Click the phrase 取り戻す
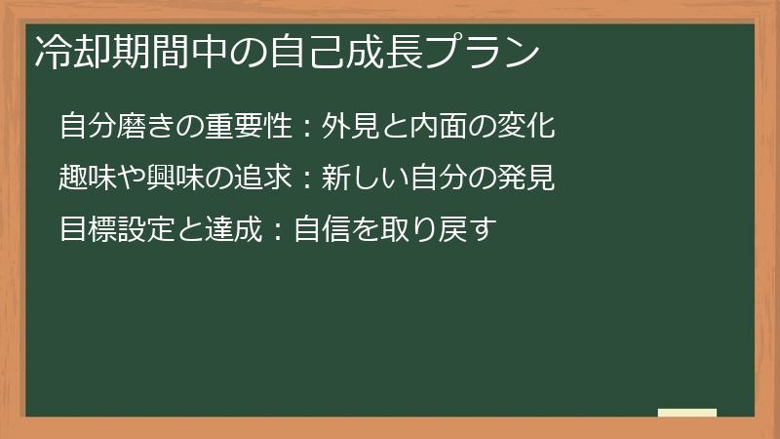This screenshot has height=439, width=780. click(435, 230)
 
